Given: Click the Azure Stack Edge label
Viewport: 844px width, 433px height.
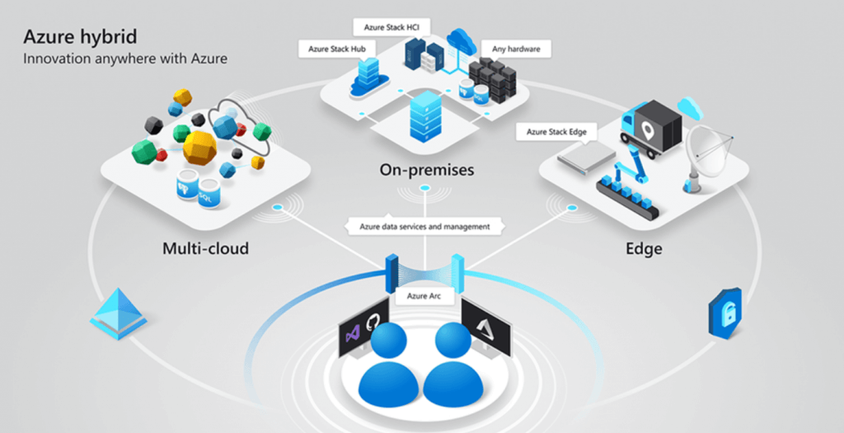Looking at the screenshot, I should coord(550,132).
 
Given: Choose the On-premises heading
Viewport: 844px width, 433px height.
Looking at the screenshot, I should coord(427,171).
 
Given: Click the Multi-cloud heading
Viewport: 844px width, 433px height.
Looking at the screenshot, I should coord(205,247).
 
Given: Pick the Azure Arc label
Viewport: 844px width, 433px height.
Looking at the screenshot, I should coord(424,294).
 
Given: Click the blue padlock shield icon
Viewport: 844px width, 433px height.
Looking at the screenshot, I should coord(724,312).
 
